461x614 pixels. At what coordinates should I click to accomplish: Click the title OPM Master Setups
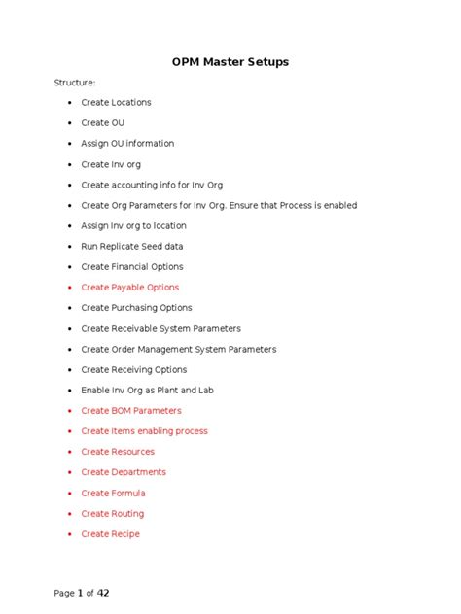(x=230, y=62)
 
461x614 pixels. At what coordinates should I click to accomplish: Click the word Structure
(x=74, y=83)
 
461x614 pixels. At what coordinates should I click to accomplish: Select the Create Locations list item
(x=116, y=103)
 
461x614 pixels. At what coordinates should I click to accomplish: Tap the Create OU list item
(x=102, y=123)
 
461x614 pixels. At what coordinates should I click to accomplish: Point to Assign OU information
(x=127, y=144)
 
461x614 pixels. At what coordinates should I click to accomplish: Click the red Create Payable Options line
(x=129, y=288)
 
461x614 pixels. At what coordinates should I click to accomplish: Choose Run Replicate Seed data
(x=131, y=247)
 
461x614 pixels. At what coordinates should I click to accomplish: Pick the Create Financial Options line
(x=131, y=267)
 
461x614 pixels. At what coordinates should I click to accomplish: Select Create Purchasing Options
(x=136, y=308)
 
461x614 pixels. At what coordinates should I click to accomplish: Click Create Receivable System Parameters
(x=160, y=329)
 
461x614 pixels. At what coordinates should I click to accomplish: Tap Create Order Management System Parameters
(x=178, y=350)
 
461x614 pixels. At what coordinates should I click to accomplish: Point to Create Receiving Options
(x=133, y=370)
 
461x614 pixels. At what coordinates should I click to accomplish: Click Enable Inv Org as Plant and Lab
(x=147, y=391)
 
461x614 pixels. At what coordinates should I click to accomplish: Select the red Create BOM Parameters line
(x=130, y=411)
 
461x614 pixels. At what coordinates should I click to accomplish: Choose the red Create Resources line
(x=118, y=452)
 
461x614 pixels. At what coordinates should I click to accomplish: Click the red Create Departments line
(x=124, y=472)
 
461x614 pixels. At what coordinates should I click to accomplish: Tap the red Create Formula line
(x=113, y=494)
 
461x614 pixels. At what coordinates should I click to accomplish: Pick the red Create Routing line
(x=112, y=514)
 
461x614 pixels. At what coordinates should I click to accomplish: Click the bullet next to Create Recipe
(x=70, y=535)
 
